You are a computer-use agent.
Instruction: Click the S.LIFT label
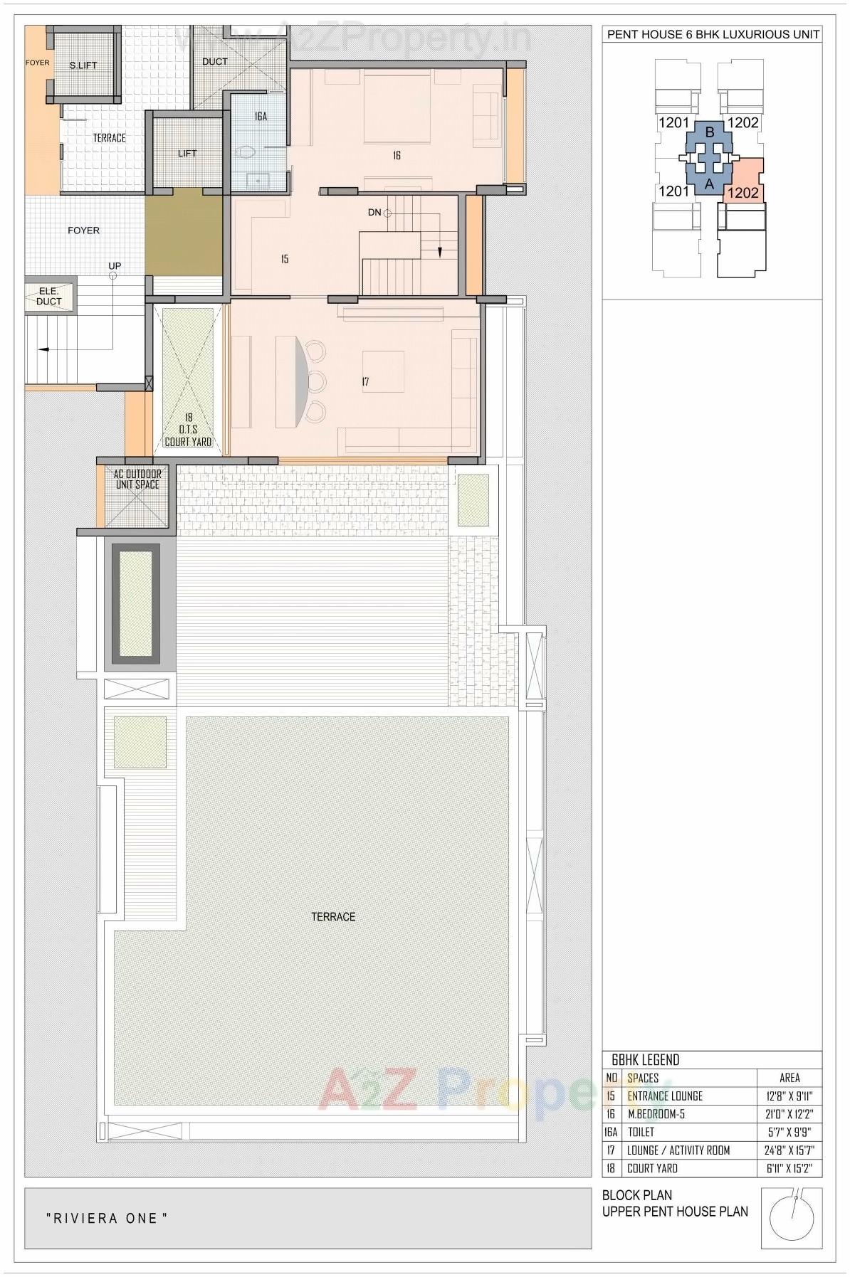tap(83, 65)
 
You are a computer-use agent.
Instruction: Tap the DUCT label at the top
tap(214, 62)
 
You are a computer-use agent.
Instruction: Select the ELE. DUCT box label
tap(49, 296)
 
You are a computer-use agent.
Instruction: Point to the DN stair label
tap(374, 212)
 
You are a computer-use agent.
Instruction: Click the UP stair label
tap(114, 266)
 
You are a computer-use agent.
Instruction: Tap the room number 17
tap(365, 382)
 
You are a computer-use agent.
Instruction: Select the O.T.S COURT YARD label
tap(188, 430)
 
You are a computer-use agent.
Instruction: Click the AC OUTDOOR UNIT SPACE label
tap(137, 479)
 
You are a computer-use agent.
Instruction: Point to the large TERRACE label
tap(332, 916)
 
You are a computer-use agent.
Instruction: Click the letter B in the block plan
tap(709, 132)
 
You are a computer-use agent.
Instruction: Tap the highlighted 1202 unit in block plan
tap(744, 193)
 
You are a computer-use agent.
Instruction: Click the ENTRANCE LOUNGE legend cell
tap(664, 1096)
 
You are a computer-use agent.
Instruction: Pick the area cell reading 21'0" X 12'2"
tap(789, 1114)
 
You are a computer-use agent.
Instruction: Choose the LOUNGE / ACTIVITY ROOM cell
tap(678, 1150)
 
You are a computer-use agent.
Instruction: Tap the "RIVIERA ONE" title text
tap(107, 1218)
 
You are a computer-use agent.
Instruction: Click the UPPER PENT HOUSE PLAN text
tap(675, 1212)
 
